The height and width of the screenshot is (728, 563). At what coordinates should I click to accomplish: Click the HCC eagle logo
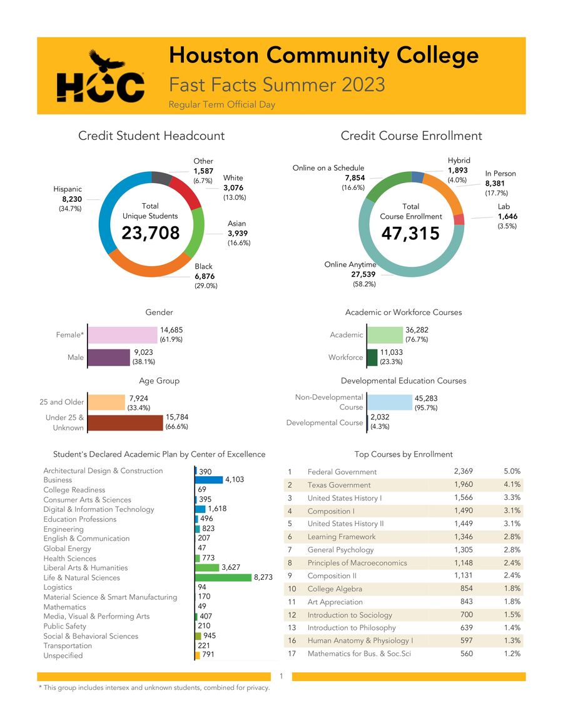(101, 77)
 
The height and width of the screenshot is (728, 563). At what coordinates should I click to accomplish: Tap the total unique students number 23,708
(150, 233)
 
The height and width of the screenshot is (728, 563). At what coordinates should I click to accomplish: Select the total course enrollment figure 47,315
(410, 233)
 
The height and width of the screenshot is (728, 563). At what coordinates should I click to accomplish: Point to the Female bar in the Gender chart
(123, 335)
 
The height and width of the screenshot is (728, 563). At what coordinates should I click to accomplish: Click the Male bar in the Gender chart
(109, 357)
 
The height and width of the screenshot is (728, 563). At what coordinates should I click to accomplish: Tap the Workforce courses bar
(372, 357)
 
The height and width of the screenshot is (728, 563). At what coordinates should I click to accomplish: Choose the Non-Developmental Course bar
(389, 402)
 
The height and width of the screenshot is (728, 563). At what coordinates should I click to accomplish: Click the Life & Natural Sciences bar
(223, 577)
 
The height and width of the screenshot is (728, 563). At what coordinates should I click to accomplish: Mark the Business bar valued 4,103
(210, 480)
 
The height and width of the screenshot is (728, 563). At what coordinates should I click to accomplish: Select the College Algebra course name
(335, 589)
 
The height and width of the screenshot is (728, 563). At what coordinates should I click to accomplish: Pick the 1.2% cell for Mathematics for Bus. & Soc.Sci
(512, 654)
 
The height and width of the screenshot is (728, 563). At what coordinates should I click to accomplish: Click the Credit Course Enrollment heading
(411, 136)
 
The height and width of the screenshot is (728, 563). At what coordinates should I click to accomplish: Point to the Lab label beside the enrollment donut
(504, 206)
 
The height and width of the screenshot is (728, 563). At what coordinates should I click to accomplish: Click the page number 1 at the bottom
(281, 676)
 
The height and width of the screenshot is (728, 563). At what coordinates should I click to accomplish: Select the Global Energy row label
(67, 549)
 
